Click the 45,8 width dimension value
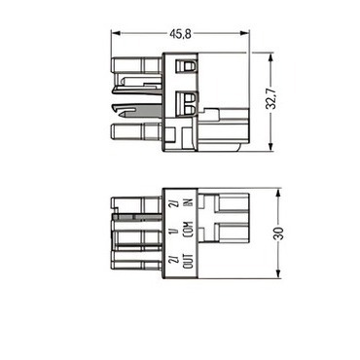(x=180, y=34)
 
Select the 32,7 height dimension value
(x=270, y=99)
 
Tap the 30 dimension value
(x=279, y=234)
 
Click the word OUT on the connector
(x=189, y=261)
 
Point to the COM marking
(x=189, y=231)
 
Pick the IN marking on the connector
(x=189, y=202)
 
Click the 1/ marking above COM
(x=174, y=232)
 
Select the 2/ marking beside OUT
(x=174, y=260)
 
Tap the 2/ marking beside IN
(x=174, y=203)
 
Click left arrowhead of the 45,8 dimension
(x=116, y=33)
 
